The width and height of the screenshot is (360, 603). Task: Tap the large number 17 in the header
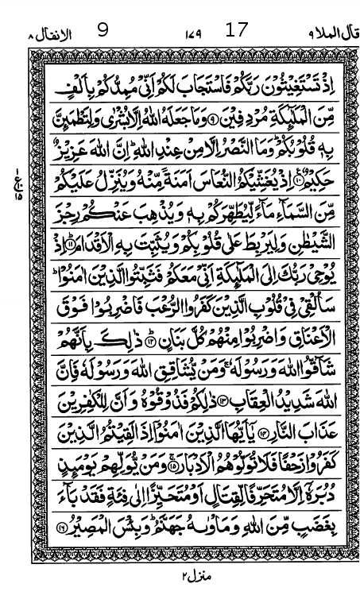tap(238, 31)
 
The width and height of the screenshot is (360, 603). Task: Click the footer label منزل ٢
tap(184, 574)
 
